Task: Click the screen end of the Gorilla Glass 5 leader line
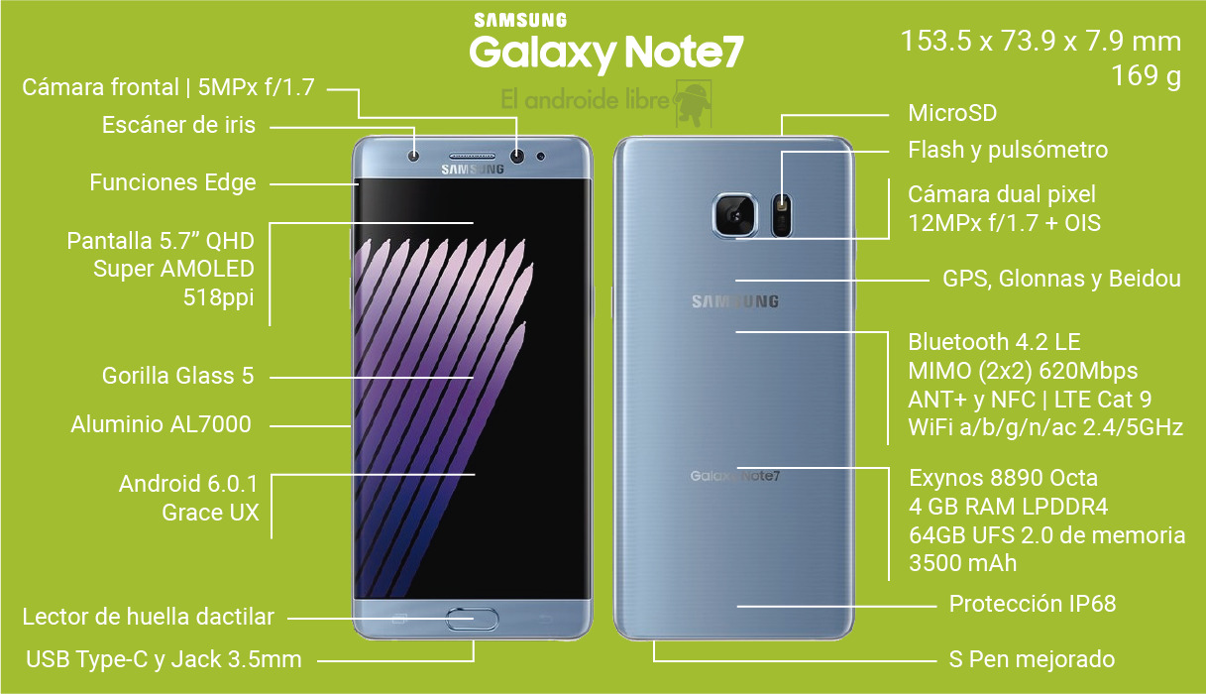[x=474, y=378]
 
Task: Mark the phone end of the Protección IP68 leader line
[x=737, y=607]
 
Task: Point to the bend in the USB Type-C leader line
[x=474, y=660]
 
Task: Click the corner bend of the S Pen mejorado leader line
[x=654, y=661]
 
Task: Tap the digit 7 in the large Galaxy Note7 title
[x=730, y=52]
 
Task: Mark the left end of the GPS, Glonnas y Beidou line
[x=736, y=281]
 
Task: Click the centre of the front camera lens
[x=517, y=157]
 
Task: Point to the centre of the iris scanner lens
[x=414, y=157]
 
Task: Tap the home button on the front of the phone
[x=472, y=619]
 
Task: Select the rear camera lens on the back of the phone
[x=734, y=215]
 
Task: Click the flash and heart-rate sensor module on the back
[x=782, y=215]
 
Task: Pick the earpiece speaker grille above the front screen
[x=472, y=157]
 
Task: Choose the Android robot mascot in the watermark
[x=693, y=102]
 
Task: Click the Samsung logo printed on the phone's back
[x=735, y=301]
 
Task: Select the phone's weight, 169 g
[x=1147, y=76]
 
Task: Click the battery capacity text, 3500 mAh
[x=962, y=563]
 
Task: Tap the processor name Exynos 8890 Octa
[x=1003, y=478]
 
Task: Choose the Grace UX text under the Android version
[x=210, y=513]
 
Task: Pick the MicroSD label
[x=952, y=113]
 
